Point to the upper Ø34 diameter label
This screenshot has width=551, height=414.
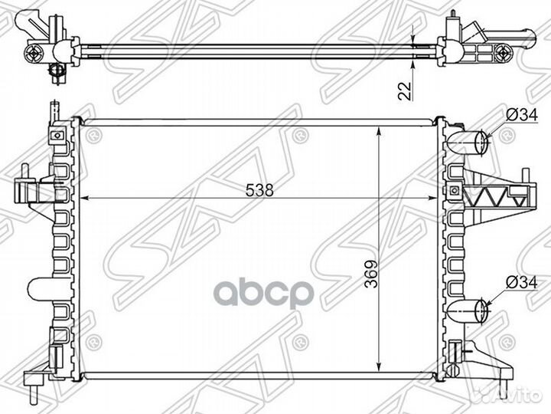pos(517,115)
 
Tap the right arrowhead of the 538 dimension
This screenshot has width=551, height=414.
pos(438,198)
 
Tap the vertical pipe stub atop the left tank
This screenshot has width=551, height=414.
pos(54,109)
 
